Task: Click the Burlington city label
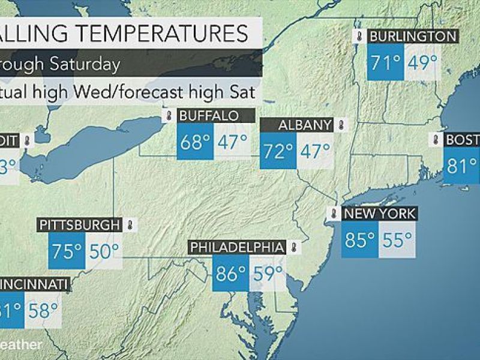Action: [413, 37]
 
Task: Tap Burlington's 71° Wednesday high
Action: [385, 62]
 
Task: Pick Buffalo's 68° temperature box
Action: [195, 143]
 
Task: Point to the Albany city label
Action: [305, 125]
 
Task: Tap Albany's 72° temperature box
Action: [278, 150]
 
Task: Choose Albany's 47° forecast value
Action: [316, 150]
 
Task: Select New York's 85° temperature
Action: [360, 240]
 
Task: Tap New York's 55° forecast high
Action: [397, 240]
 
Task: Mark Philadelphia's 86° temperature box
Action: [231, 274]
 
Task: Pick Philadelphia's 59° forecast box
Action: [267, 274]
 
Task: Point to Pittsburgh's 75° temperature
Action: [66, 251]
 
